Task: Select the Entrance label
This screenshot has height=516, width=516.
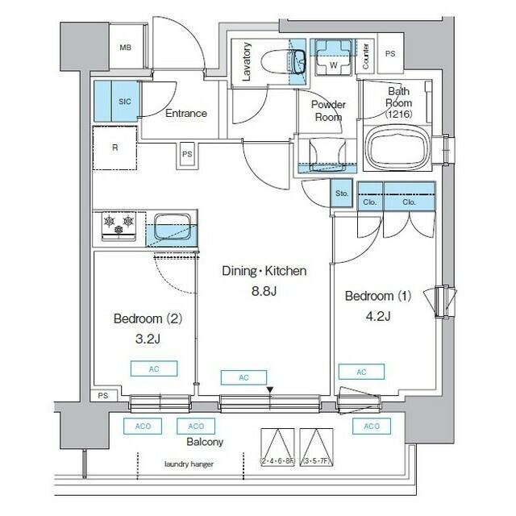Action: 185,114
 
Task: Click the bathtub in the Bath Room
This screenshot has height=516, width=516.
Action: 397,148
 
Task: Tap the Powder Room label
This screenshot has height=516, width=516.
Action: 328,110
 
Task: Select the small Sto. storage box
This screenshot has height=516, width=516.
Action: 341,194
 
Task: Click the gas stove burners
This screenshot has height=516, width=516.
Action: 119,226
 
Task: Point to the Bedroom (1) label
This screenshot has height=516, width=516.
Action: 377,296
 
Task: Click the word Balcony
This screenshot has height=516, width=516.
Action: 204,443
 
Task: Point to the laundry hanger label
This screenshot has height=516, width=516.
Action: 189,465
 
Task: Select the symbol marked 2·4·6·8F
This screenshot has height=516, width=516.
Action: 276,448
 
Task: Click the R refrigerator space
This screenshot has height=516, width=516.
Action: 114,148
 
